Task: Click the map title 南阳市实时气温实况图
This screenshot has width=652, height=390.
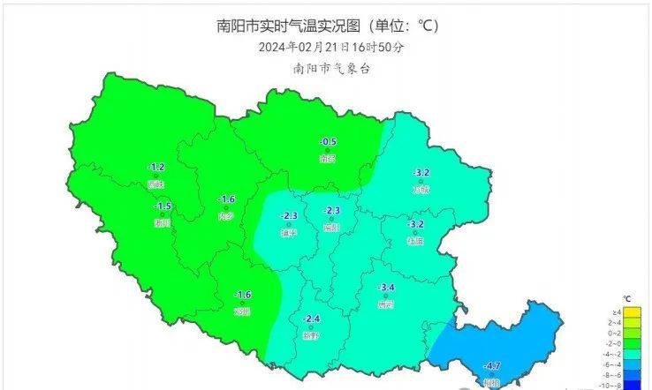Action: pyautogui.click(x=325, y=26)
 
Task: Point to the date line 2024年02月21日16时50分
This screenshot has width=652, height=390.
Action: pyautogui.click(x=326, y=48)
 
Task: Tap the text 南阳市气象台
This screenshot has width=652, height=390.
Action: pyautogui.click(x=326, y=68)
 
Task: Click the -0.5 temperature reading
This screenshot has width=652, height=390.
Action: pyautogui.click(x=329, y=142)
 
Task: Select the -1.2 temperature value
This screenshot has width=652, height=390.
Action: pyautogui.click(x=156, y=167)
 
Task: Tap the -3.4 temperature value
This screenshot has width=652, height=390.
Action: pyautogui.click(x=386, y=288)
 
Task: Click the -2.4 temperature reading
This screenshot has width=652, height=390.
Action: pyautogui.click(x=312, y=319)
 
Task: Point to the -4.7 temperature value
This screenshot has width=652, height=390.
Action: pyautogui.click(x=493, y=366)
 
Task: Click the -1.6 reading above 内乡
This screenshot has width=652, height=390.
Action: pyautogui.click(x=227, y=199)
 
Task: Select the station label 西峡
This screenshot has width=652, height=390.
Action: pyautogui.click(x=156, y=184)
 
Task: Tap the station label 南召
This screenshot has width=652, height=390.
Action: pyautogui.click(x=329, y=160)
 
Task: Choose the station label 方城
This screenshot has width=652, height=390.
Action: pyautogui.click(x=421, y=190)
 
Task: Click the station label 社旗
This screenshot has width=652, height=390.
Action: pyautogui.click(x=415, y=241)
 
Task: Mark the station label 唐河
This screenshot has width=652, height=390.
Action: pyautogui.click(x=385, y=305)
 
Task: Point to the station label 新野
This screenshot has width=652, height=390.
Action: pyautogui.click(x=311, y=336)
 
